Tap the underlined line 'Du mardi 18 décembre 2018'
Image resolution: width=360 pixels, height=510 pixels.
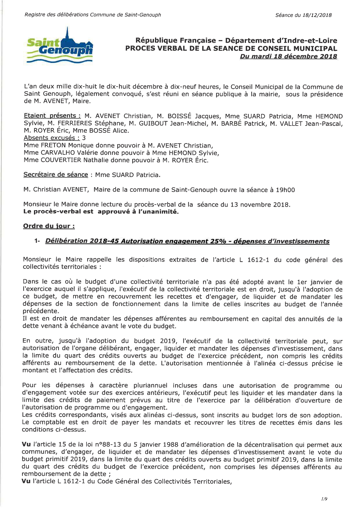coord(288,56)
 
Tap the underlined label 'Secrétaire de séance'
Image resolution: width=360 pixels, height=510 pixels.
coord(55,175)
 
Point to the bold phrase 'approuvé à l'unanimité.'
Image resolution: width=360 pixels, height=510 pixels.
coord(138,212)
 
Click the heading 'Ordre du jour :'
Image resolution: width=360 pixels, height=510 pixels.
coord(49,226)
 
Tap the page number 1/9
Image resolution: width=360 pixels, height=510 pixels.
coord(324,499)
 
